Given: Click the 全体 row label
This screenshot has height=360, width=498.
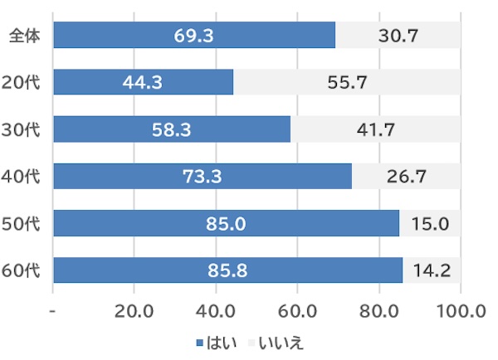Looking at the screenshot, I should point(23,36).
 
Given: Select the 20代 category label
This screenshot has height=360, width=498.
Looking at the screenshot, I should point(23,82).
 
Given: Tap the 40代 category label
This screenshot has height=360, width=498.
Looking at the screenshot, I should point(23,176).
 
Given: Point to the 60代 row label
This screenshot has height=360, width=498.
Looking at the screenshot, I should point(23,270).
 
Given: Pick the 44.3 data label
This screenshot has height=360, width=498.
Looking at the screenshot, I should point(143,82).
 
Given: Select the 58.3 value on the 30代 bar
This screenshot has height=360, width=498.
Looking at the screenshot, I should point(171,129).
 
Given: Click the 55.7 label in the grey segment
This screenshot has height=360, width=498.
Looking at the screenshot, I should point(347,82).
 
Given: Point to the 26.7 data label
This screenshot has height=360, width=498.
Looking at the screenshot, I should point(406,176).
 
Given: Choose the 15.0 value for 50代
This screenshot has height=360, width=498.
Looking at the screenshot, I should point(430,223).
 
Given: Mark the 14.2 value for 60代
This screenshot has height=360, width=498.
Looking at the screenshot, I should point(432,270).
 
